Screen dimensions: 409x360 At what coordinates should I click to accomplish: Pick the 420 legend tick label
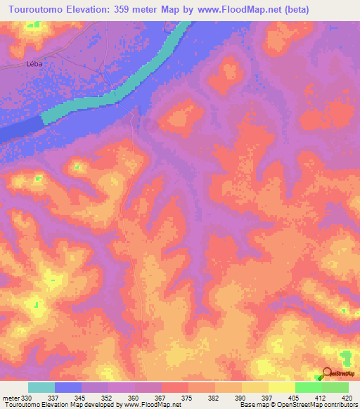click(x=347, y=398)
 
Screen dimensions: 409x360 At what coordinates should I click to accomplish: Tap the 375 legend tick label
click(x=187, y=398)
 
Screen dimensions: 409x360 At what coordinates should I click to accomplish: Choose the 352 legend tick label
click(x=108, y=398)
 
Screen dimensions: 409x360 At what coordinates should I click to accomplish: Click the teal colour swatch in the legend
click(x=41, y=387)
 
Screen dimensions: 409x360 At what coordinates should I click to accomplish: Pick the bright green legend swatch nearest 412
click(x=308, y=387)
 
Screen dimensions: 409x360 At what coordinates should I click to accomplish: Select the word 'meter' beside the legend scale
click(x=11, y=398)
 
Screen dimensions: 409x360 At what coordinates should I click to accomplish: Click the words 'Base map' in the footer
click(x=252, y=405)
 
